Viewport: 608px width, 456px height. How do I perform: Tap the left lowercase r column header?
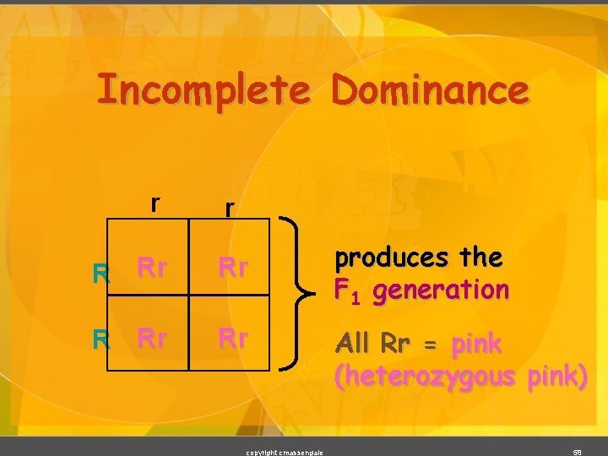click(x=155, y=204)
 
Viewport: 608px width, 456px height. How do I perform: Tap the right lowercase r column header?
click(x=228, y=208)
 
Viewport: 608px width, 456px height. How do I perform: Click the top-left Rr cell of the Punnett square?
click(x=151, y=269)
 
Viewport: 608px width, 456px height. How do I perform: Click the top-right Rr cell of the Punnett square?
click(x=233, y=269)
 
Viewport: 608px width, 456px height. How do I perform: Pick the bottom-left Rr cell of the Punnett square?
click(x=151, y=339)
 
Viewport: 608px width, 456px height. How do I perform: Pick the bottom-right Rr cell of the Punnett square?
click(x=233, y=339)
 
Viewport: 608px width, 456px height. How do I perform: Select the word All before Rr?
click(x=354, y=344)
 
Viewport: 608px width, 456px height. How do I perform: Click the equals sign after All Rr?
click(x=432, y=345)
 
